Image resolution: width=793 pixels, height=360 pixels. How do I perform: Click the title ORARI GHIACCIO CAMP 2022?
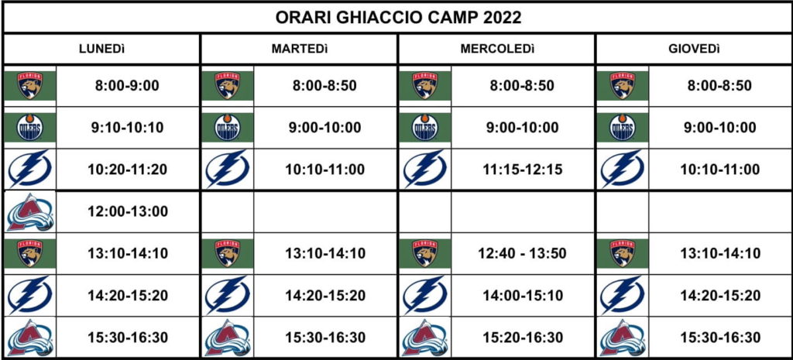(x=398, y=18)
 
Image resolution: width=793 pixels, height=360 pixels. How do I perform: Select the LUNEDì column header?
(x=101, y=49)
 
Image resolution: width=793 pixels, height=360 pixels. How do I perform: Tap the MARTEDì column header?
(x=300, y=49)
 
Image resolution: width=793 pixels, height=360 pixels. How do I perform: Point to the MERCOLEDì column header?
(x=497, y=49)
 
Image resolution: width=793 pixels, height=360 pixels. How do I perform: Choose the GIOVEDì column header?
(x=695, y=49)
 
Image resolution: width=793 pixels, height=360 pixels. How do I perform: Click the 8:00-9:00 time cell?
(x=127, y=86)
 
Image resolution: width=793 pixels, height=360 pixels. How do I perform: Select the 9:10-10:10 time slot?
(x=127, y=128)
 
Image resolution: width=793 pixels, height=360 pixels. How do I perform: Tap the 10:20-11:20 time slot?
(x=127, y=170)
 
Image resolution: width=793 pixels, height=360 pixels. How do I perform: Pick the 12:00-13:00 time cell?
(x=127, y=211)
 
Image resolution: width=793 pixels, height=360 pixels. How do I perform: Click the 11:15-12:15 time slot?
(x=522, y=170)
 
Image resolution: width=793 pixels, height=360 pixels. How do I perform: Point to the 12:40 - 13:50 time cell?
(x=522, y=253)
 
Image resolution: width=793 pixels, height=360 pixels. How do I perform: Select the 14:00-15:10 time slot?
(x=522, y=295)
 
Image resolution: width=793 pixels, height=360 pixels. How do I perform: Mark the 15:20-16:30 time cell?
(x=522, y=338)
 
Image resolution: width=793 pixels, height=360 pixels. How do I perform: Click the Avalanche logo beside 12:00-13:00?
(x=30, y=212)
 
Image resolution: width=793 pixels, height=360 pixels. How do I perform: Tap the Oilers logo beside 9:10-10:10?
(x=30, y=128)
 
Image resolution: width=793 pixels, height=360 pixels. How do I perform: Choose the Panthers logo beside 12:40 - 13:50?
(x=425, y=253)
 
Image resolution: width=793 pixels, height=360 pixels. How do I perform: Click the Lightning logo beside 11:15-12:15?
(x=425, y=170)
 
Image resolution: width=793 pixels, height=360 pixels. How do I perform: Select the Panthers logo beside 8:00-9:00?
(x=30, y=85)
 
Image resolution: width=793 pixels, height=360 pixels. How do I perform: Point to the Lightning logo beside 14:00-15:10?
(x=425, y=295)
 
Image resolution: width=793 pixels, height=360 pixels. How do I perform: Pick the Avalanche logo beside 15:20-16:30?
(x=425, y=338)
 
